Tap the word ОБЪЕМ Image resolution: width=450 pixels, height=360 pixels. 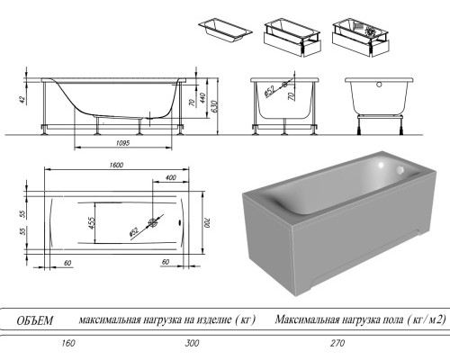point(36,319)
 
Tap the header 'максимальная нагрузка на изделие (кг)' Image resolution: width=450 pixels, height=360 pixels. point(168,319)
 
